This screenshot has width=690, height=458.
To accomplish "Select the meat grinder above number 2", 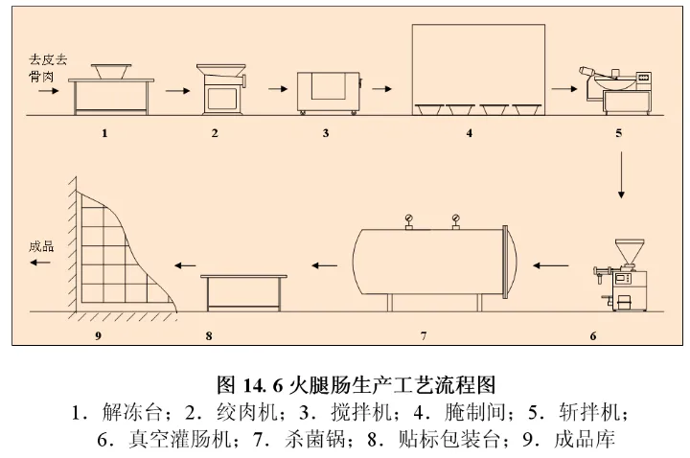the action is point(219,89).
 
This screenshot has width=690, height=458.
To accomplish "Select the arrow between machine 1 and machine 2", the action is point(174,92).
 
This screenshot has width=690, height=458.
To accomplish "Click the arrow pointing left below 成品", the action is point(40,265).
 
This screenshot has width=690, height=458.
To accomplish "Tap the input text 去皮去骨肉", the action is point(46,67).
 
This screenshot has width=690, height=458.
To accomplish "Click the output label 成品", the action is point(41,246).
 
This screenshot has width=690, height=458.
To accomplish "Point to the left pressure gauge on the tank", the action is point(408,219).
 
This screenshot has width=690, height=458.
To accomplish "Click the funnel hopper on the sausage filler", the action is point(629,252).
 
